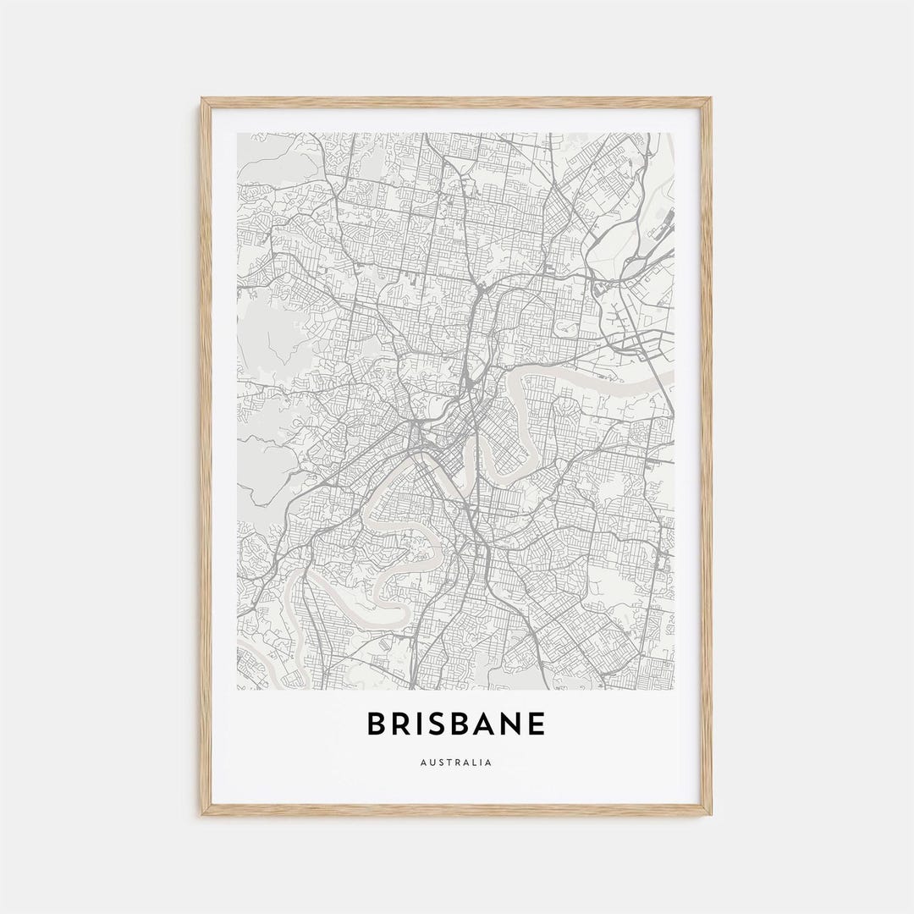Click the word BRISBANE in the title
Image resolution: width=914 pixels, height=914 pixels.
pyautogui.click(x=456, y=724)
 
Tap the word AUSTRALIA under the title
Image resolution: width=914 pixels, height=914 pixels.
pyautogui.click(x=455, y=763)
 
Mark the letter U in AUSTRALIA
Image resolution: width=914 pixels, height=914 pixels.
pyautogui.click(x=431, y=763)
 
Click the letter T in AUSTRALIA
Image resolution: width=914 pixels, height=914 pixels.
pyautogui.click(x=448, y=763)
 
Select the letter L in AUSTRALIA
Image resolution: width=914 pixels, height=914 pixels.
pyautogui.click(x=474, y=763)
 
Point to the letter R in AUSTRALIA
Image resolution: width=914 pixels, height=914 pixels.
pyautogui.click(x=456, y=763)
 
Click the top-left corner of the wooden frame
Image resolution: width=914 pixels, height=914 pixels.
pyautogui.click(x=202, y=99)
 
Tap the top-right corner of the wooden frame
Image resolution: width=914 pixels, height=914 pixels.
pyautogui.click(x=711, y=99)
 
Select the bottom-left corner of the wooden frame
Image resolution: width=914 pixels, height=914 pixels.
pyautogui.click(x=202, y=814)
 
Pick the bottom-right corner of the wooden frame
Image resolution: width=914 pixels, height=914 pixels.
pyautogui.click(x=711, y=814)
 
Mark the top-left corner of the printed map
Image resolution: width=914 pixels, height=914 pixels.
pyautogui.click(x=238, y=133)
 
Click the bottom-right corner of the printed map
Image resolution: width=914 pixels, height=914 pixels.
pyautogui.click(x=674, y=689)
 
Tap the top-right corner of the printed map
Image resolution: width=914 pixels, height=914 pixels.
pyautogui.click(x=674, y=133)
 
